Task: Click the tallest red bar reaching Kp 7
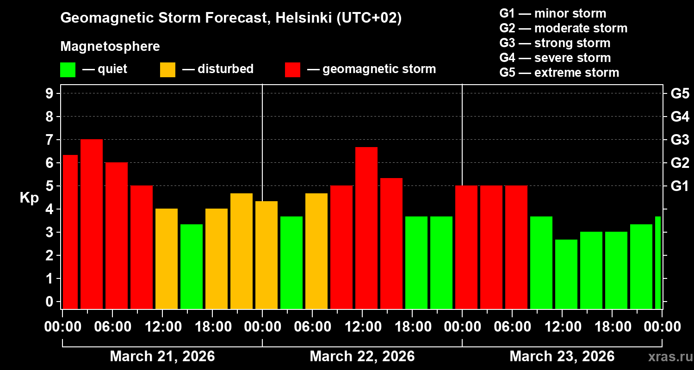92,224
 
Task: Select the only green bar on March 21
192,266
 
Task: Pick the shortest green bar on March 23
566,274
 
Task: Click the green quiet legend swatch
68,70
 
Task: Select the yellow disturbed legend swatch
167,70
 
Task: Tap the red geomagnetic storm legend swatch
292,70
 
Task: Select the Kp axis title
29,197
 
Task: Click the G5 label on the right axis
680,93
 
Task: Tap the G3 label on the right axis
680,140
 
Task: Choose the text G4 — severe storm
555,58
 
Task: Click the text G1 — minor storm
552,13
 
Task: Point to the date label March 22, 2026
362,356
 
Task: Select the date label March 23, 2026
562,356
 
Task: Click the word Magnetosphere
110,47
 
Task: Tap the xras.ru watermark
668,357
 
